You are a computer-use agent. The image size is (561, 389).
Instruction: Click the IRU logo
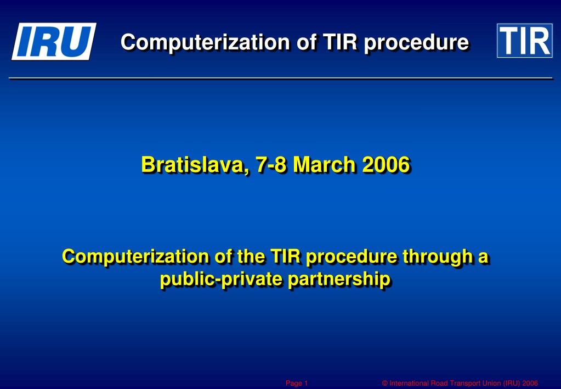click(54, 41)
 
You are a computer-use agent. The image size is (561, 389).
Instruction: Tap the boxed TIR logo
click(524, 41)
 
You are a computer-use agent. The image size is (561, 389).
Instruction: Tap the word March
click(325, 165)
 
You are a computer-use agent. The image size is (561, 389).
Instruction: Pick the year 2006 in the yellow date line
click(386, 165)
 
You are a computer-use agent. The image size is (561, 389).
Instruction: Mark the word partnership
click(339, 279)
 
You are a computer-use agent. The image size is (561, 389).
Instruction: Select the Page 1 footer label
click(297, 384)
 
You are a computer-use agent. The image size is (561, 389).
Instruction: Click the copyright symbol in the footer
click(385, 384)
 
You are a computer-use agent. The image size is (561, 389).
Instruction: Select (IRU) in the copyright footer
click(512, 384)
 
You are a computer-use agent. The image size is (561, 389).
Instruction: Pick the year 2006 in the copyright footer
click(530, 384)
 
